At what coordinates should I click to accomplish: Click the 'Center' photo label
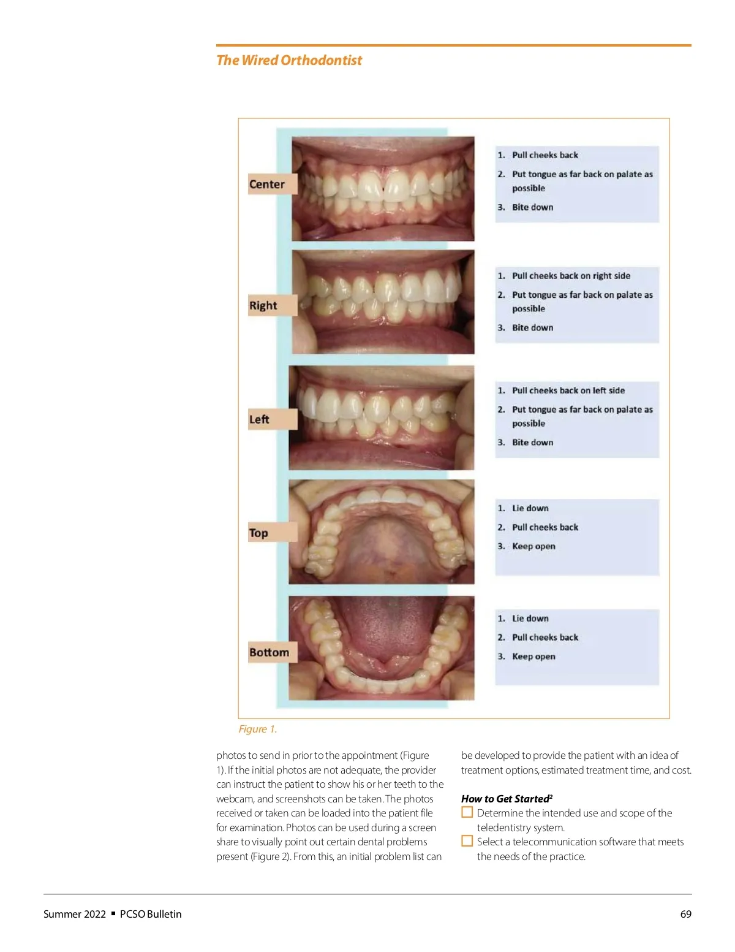(267, 184)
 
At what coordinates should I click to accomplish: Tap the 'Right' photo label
(263, 305)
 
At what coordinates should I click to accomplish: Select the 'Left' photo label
(259, 419)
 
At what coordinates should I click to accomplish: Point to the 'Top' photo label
(258, 533)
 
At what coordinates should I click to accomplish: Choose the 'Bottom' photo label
(269, 652)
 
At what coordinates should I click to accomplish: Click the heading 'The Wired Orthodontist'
(289, 60)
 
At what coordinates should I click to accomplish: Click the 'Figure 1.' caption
(258, 729)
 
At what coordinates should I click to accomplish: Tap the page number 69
(686, 914)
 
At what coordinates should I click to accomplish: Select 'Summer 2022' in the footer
(75, 914)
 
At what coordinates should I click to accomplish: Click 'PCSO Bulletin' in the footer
(151, 914)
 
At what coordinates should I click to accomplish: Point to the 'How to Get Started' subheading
(506, 799)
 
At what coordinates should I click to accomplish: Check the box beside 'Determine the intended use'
(467, 812)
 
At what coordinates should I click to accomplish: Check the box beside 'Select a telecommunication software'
(467, 841)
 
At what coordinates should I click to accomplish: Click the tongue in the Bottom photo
(382, 631)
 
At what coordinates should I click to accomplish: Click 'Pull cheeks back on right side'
(571, 276)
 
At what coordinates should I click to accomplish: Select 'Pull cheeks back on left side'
(568, 390)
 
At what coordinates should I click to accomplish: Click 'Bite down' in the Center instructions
(532, 207)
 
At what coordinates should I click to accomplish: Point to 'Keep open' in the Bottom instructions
(533, 657)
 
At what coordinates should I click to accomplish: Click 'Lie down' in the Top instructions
(530, 508)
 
